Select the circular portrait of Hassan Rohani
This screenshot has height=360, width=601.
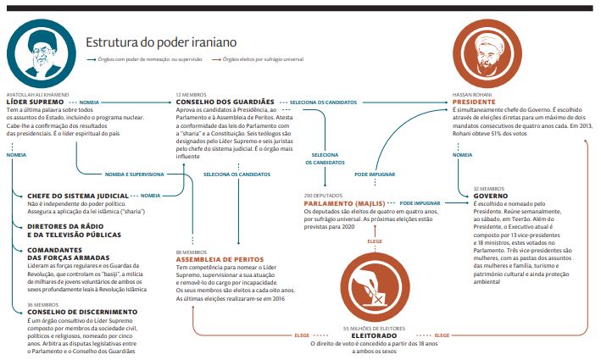[x=493, y=49]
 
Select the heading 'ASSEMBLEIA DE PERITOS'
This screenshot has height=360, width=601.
[x=220, y=258]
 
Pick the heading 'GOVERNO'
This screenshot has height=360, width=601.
[x=488, y=196]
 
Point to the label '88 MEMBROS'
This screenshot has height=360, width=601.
[x=190, y=252]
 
